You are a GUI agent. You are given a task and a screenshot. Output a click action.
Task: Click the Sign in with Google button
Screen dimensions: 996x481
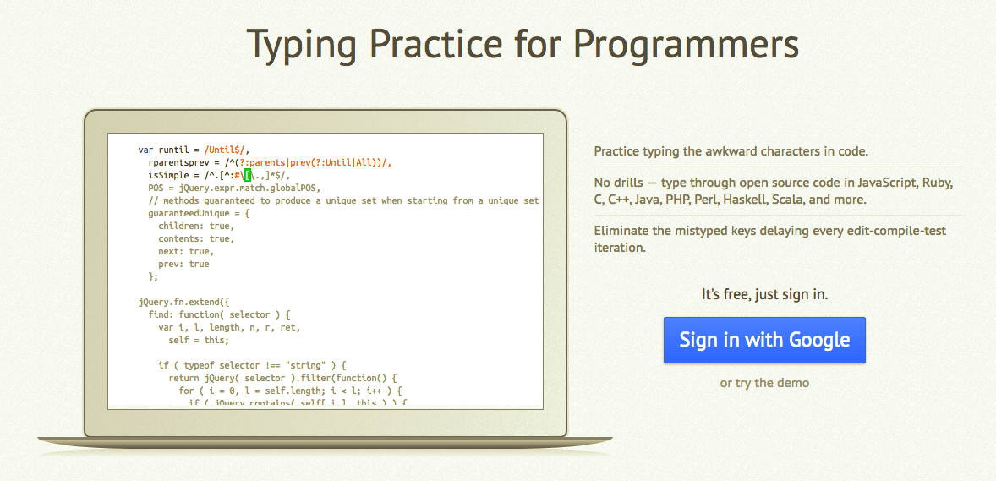click(764, 340)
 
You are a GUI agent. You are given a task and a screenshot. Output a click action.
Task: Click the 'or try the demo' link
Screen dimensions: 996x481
click(764, 383)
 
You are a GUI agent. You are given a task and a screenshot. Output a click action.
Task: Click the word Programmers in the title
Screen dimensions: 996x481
click(686, 44)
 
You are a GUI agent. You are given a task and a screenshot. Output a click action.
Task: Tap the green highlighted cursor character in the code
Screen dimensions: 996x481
click(249, 175)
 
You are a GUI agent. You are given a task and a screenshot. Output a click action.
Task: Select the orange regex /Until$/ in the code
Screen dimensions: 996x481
click(225, 150)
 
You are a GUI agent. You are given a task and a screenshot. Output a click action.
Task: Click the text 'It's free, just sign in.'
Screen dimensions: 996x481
click(764, 295)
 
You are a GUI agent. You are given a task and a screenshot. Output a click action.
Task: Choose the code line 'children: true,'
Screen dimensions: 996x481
click(196, 227)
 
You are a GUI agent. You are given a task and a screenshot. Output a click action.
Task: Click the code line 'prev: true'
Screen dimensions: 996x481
click(183, 265)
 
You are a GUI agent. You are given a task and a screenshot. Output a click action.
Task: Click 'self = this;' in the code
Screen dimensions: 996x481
click(199, 340)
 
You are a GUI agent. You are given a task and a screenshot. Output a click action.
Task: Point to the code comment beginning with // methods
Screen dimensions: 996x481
click(343, 201)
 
